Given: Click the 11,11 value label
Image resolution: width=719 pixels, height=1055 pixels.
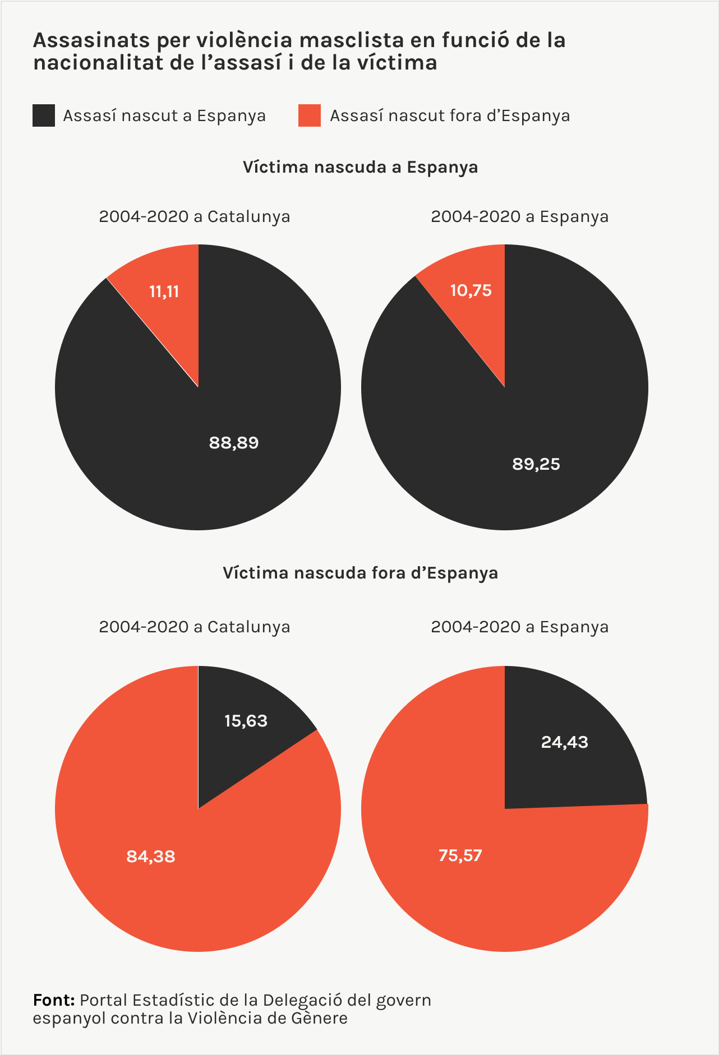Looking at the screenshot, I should click(164, 291).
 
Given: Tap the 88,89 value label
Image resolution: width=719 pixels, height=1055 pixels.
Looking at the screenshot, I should click(234, 443).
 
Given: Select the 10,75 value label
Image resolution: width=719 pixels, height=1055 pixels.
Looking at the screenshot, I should click(471, 290).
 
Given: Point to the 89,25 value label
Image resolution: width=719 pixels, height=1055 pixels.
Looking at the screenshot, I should click(536, 464).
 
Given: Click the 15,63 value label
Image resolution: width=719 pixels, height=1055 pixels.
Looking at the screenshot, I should click(246, 721).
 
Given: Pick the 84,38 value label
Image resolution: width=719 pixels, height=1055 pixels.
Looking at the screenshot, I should click(151, 857).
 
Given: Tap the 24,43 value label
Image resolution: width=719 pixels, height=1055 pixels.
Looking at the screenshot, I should click(565, 742).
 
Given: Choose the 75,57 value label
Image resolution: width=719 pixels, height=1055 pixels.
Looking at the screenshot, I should click(460, 855).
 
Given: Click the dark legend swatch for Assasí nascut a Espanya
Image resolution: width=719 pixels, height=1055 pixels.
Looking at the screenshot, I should click(44, 115).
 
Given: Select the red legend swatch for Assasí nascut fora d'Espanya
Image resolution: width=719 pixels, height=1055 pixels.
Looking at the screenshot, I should click(310, 115).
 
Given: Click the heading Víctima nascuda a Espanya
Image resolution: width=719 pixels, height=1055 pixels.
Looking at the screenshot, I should click(360, 167).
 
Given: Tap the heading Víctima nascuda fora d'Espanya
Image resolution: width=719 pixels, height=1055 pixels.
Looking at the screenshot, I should click(360, 573).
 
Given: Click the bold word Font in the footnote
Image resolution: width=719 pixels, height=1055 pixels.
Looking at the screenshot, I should click(54, 1000).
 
